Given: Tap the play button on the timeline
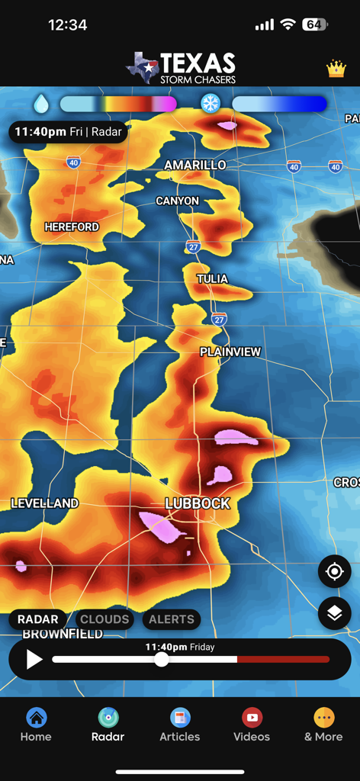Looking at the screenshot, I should click(34, 659).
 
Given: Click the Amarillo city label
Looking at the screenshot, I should click(195, 165).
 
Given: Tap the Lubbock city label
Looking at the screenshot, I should click(198, 503).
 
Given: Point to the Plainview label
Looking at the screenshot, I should click(230, 352).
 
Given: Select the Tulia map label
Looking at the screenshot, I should click(212, 278).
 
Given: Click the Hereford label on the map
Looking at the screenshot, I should click(72, 227).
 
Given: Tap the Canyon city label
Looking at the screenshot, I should click(177, 201).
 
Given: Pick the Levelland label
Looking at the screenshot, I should click(44, 503).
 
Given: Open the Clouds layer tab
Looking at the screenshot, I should click(105, 619).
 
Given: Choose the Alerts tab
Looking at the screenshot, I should click(172, 619).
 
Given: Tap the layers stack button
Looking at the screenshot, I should click(335, 612).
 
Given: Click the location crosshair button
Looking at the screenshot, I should click(335, 571).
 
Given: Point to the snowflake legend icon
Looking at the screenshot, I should click(211, 103).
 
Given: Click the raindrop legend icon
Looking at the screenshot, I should click(40, 103).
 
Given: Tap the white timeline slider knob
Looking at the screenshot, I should click(162, 660).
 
